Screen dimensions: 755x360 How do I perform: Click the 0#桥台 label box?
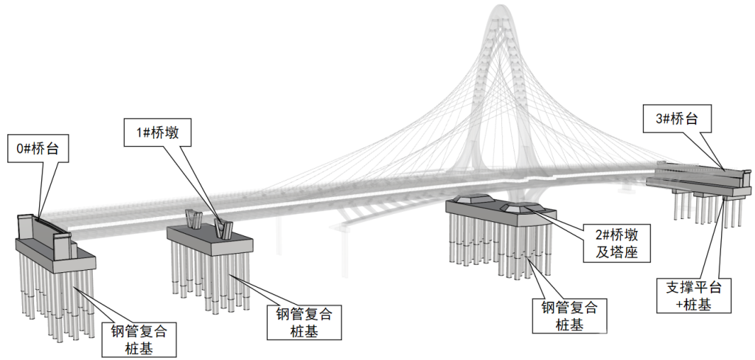coord(39,149)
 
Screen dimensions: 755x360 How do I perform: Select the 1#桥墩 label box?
coord(158,133)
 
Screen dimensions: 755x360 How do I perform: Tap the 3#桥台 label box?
coord(678,119)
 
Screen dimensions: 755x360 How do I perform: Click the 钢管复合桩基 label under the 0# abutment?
coord(139,340)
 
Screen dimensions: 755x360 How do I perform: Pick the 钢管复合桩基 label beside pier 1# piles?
coord(305,322)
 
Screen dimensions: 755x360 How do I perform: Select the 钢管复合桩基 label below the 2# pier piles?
coord(569,316)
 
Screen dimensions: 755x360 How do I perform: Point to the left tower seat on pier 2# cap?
coord(473,199)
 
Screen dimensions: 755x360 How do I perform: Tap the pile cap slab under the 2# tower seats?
coord(501,212)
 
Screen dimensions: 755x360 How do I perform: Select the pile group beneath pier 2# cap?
coord(501,246)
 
